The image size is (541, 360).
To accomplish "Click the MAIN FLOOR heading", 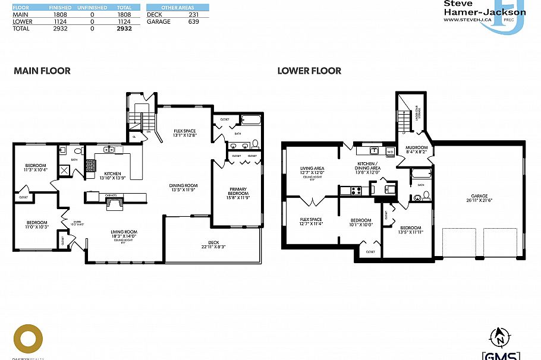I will click(x=42, y=71).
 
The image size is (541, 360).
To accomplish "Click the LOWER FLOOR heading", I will click(x=309, y=71).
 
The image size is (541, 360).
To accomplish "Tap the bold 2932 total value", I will click(x=124, y=28).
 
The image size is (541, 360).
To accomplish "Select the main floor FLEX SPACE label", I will click(x=184, y=132).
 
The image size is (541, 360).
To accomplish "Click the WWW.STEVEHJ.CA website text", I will click(x=467, y=20).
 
